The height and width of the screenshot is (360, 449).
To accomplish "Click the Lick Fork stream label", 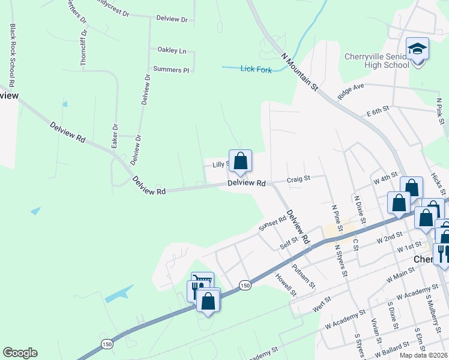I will tap(256, 70).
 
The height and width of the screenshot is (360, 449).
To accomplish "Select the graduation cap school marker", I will tap(417, 49).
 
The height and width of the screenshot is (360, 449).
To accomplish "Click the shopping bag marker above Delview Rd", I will tap(240, 161).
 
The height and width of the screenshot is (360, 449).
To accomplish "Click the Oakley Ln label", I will tap(172, 50).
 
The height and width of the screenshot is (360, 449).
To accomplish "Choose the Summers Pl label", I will tap(171, 70).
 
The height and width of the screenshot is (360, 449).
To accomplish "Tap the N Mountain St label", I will tap(299, 71).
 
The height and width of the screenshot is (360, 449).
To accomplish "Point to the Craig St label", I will tap(298, 178).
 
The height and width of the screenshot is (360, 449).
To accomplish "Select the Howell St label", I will tap(286, 284).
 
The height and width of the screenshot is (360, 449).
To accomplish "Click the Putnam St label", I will tap(303, 276).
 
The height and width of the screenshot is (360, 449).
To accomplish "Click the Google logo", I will tap(20, 353).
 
